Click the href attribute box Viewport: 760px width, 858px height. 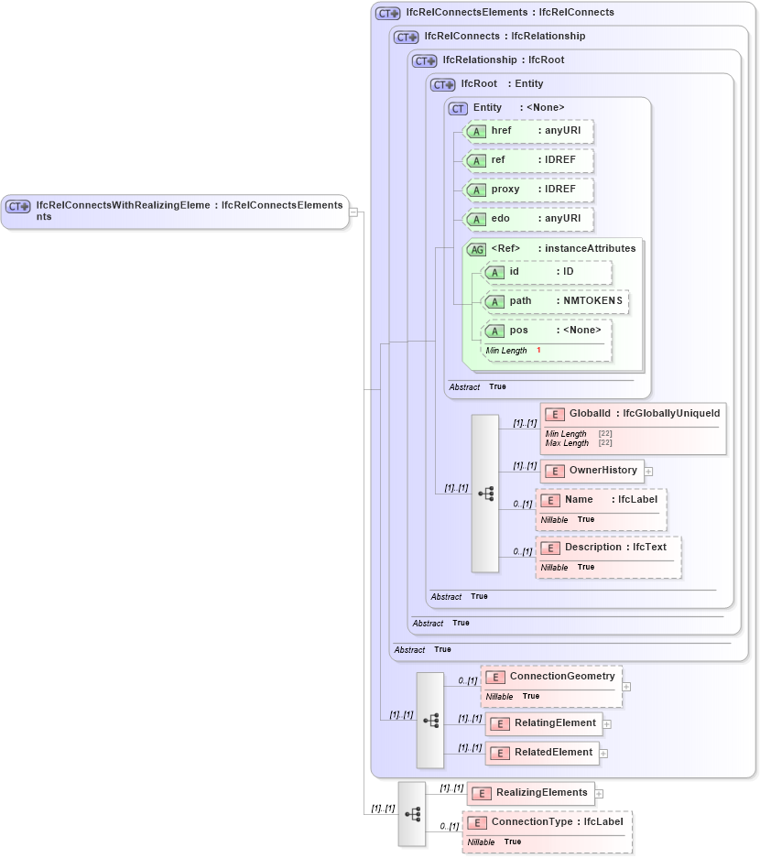[528, 131]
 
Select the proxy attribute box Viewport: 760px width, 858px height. [528, 190]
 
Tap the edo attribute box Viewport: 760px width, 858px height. [528, 219]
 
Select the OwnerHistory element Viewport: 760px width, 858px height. [592, 471]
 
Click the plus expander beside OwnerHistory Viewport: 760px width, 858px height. [648, 472]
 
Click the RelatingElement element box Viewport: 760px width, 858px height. [544, 723]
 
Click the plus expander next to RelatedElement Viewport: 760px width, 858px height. [603, 754]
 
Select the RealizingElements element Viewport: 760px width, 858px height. [531, 793]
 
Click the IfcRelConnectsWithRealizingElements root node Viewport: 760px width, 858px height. [175, 212]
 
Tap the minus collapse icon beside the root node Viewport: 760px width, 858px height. [353, 212]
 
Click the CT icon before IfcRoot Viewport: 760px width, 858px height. [443, 84]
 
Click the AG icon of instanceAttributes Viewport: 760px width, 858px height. [476, 249]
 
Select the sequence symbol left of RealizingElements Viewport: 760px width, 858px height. [412, 813]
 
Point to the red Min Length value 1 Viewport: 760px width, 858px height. [538, 351]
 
